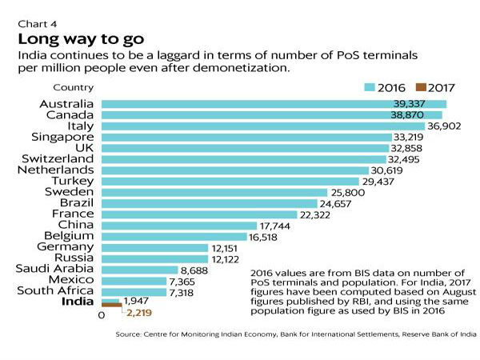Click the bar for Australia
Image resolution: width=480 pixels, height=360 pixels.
(x=272, y=104)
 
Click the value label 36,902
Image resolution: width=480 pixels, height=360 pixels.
(x=447, y=126)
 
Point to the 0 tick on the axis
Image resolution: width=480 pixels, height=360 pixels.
(x=102, y=316)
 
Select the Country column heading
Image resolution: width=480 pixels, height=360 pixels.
(x=73, y=87)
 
